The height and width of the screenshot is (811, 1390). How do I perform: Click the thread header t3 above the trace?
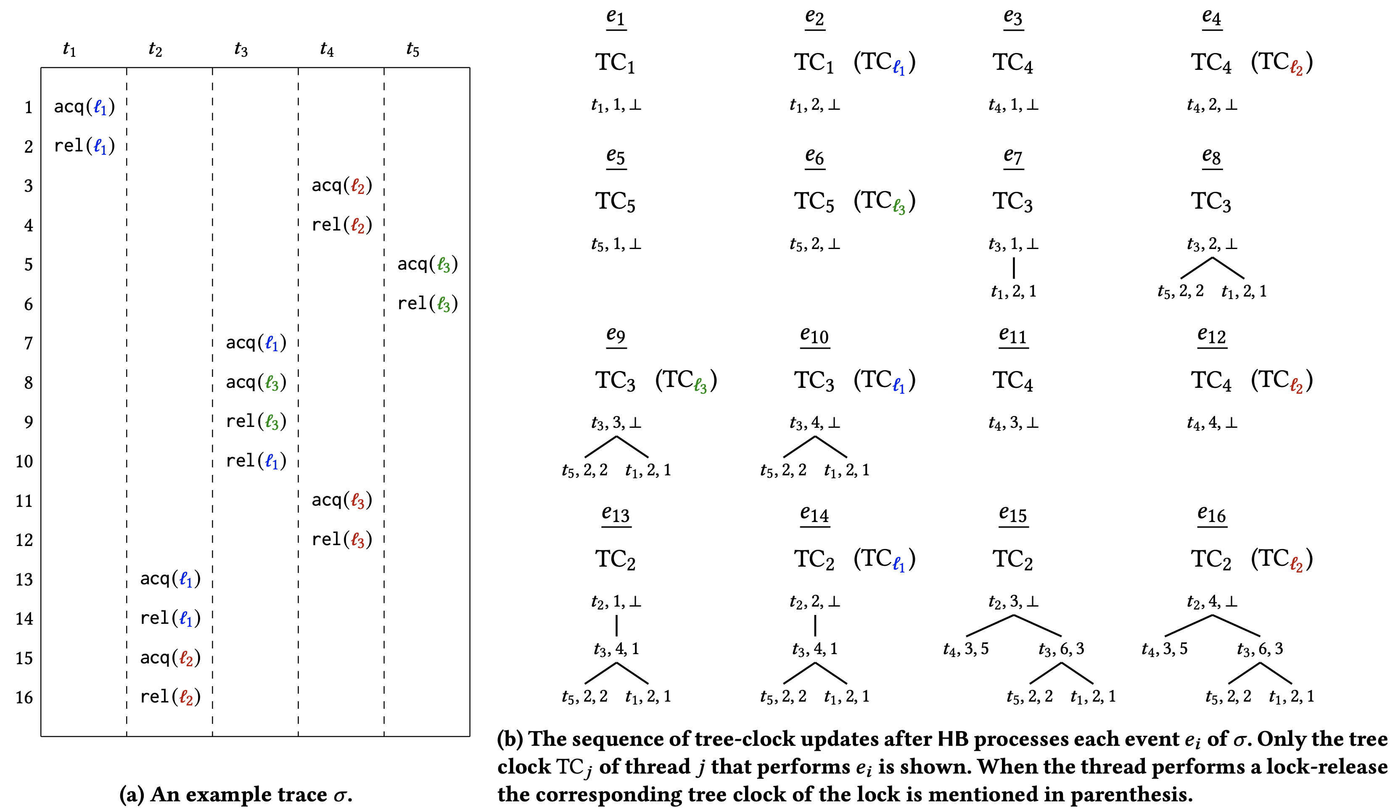click(x=241, y=50)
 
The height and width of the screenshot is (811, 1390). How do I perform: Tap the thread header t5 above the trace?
click(x=412, y=50)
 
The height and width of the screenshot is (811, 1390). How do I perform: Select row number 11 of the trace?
click(x=24, y=501)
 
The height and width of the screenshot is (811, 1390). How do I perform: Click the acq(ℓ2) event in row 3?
click(x=342, y=186)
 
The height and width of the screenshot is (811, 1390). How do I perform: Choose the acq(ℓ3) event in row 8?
click(x=256, y=382)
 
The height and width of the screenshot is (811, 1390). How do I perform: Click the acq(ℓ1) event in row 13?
click(x=170, y=579)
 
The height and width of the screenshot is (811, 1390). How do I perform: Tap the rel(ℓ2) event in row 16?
click(x=170, y=697)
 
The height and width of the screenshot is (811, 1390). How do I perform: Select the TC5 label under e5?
click(x=616, y=201)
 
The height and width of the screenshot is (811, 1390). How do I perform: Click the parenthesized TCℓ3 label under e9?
click(x=686, y=380)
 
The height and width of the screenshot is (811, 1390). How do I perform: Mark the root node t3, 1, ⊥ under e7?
click(x=1013, y=244)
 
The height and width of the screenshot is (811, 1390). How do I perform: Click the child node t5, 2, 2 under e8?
click(x=1180, y=291)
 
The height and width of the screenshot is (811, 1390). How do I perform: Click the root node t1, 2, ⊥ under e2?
click(x=815, y=105)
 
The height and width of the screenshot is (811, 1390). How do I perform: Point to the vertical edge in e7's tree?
click(x=1014, y=268)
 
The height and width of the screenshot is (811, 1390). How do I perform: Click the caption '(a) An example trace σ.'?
click(x=235, y=795)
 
